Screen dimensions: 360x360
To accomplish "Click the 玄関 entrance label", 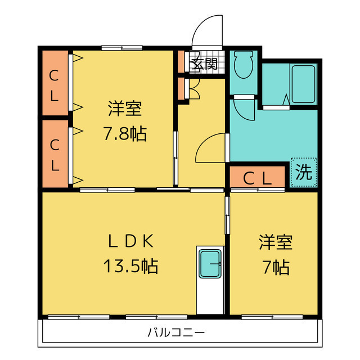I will click(204, 64).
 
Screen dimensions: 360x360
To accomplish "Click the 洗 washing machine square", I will click(304, 173).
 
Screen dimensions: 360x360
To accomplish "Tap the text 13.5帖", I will click(131, 265).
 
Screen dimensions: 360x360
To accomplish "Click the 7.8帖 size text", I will click(124, 134).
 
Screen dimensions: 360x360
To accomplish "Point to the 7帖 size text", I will click(276, 268).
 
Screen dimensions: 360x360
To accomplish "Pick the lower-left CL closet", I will click(55, 154).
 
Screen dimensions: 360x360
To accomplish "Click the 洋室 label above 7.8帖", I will click(124, 107).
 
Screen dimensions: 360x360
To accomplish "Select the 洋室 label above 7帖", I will click(276, 243).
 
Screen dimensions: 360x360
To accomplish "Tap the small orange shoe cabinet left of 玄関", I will click(182, 62).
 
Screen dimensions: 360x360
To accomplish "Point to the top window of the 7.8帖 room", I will click(121, 48).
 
